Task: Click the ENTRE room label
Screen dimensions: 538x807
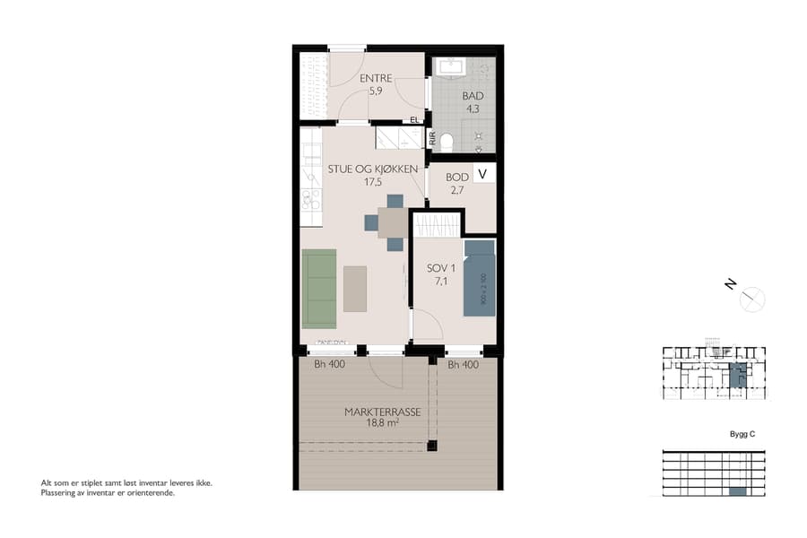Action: [376, 79]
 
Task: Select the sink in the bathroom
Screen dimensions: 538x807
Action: [448, 67]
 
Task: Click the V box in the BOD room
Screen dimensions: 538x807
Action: [483, 174]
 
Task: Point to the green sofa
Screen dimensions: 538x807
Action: [319, 288]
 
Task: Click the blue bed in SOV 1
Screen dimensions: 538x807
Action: [479, 278]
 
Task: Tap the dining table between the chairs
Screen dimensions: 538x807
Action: [394, 221]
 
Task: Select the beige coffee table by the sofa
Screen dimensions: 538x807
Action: [355, 288]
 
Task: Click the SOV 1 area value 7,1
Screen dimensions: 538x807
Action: [441, 282]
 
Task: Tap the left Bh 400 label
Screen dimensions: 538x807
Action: [329, 365]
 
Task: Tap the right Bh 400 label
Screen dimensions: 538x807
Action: [463, 365]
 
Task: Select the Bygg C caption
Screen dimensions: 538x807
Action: [743, 434]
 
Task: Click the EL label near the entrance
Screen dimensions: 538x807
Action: [414, 119]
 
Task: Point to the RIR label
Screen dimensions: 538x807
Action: [433, 139]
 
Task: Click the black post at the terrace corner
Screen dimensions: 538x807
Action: [431, 445]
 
